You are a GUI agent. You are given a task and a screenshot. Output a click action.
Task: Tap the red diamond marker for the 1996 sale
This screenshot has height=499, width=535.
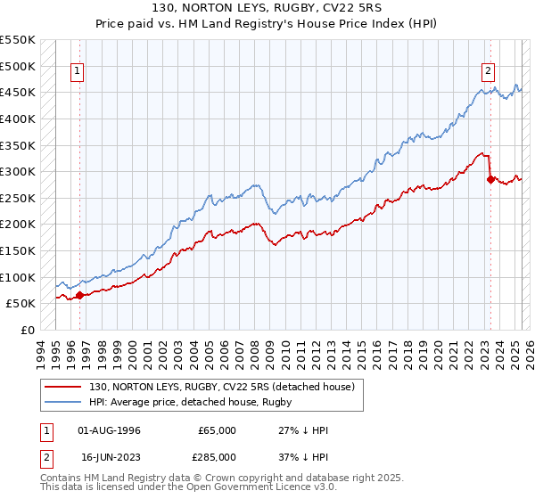[79, 295]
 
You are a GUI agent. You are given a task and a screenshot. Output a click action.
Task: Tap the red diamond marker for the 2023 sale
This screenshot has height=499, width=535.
[490, 179]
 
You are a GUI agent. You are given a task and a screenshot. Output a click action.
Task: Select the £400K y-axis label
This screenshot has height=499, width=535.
[18, 119]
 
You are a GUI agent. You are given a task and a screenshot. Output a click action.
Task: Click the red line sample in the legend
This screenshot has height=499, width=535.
[64, 387]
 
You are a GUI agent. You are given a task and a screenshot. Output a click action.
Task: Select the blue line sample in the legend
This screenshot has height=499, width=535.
[64, 402]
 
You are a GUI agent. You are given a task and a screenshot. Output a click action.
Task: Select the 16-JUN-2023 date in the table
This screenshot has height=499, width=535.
[110, 456]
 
